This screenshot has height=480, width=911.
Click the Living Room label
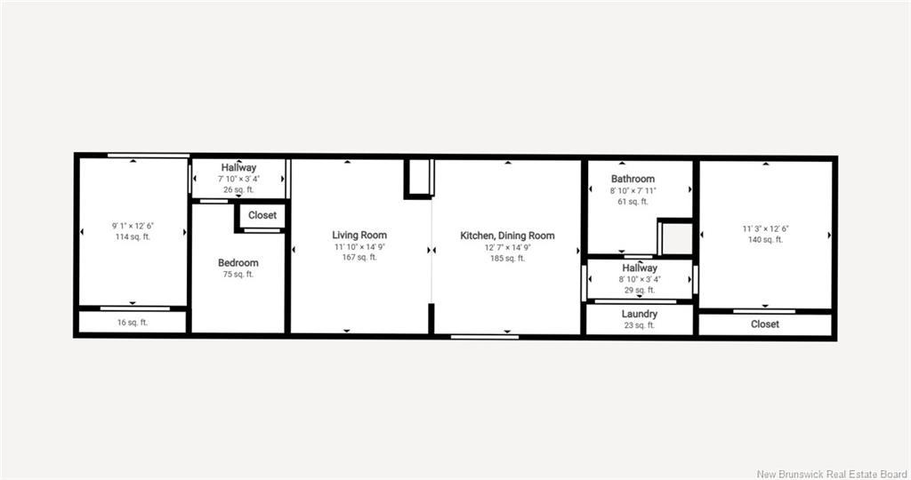coord(360,236)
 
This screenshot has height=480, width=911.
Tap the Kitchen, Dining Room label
coord(507,236)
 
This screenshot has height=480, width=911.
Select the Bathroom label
coord(633,179)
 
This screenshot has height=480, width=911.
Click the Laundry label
coord(640,314)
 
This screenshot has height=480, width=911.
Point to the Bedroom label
coord(238,262)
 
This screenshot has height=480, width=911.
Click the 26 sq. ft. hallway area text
coord(238,189)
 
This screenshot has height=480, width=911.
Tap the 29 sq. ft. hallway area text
coord(640,290)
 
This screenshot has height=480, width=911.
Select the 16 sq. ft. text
coord(133,323)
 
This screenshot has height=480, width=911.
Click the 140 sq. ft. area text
coord(765,240)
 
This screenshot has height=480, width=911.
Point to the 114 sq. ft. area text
coord(133,236)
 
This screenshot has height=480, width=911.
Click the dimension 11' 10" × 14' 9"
coord(360,246)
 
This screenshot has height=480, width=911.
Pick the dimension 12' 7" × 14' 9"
coord(507,246)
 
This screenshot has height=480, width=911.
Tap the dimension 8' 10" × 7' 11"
coord(633,190)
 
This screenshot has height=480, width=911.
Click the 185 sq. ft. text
coord(507,258)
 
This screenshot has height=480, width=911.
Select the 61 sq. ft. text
coord(633,202)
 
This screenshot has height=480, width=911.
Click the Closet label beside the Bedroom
coord(262,215)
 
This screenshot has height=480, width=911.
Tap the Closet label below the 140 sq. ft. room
coord(765,324)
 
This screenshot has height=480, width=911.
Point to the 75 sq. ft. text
coord(238,274)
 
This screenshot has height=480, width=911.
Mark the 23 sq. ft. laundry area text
coord(640,325)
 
